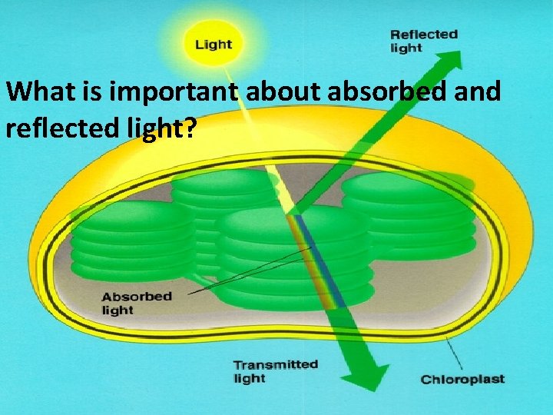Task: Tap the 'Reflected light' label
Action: [x=423, y=41]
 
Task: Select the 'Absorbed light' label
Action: [x=137, y=303]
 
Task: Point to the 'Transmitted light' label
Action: [x=275, y=371]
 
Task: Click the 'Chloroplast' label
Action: [x=462, y=379]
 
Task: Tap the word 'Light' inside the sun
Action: [x=213, y=44]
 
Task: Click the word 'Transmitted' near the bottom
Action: [x=275, y=364]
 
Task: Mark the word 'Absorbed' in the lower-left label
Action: [x=137, y=297]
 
